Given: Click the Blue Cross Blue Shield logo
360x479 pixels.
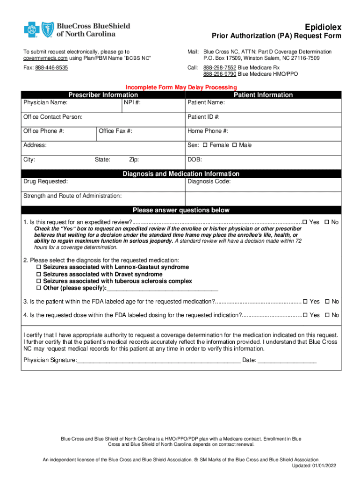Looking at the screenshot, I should coord(77,29).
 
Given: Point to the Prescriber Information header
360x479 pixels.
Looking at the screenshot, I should coord(103,95).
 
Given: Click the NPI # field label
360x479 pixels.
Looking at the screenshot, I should coord(133,102).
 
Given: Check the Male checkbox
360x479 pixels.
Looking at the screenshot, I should coord(235,145).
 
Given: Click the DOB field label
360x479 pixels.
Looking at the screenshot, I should coord(194,160).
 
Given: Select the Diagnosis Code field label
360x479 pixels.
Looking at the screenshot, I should coord(209,181).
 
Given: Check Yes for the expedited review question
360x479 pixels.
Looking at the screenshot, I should coord(305,222).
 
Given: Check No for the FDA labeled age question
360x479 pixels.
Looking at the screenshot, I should coord(327,301).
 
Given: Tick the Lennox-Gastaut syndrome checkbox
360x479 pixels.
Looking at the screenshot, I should coord(39,267).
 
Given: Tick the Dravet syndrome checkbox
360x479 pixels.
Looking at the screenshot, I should coord(39,274).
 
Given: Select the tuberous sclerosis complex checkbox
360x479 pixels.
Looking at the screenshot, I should coord(39,281).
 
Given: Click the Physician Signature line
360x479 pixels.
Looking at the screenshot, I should coord(159,360).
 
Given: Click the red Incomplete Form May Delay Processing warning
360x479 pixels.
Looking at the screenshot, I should coord(181,87).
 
